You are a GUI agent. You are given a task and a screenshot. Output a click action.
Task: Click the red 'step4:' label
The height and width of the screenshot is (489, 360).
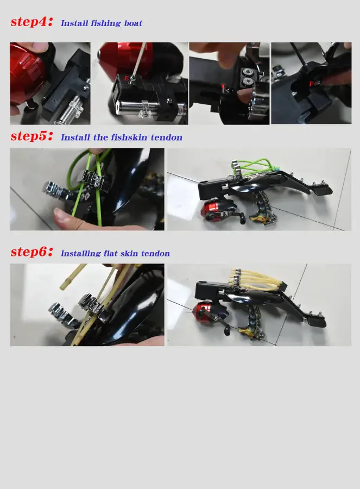(32, 22)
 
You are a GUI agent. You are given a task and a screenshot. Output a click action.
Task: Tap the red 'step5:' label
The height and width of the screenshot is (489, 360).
(32, 136)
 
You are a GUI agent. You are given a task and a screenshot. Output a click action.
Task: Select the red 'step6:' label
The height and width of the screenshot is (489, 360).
(32, 252)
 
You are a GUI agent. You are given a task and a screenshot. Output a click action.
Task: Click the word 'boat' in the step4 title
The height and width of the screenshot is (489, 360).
(132, 23)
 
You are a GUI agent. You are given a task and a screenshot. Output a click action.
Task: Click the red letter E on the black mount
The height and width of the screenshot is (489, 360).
(127, 79)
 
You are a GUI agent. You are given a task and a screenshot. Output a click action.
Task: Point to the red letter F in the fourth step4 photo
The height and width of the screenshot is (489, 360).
(311, 84)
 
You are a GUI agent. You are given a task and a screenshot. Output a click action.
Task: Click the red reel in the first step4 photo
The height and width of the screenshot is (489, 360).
(26, 73)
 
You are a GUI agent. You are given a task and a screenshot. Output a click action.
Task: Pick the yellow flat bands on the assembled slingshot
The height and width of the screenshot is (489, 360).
(255, 277)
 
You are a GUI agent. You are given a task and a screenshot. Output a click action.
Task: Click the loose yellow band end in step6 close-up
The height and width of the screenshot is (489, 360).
(76, 268)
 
